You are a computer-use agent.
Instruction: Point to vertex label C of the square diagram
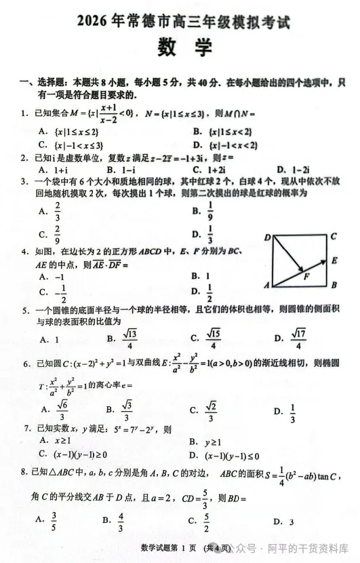(x=334, y=237)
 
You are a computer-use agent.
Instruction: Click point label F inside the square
(x=306, y=277)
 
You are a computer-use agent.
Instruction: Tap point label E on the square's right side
(x=334, y=260)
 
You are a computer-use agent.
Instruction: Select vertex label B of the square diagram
(x=334, y=285)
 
